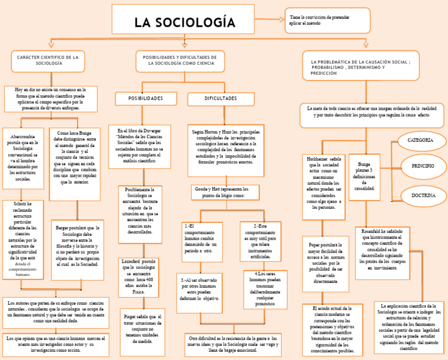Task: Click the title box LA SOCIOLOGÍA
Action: click(x=184, y=22)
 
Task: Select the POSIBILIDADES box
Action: click(x=146, y=99)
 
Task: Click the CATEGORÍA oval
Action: click(x=420, y=141)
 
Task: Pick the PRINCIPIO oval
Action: click(x=422, y=167)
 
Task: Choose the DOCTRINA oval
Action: click(x=423, y=195)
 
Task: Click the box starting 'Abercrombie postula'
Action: click(x=23, y=158)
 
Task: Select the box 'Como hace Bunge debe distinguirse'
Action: click(x=74, y=158)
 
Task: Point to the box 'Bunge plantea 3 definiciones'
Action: click(x=364, y=177)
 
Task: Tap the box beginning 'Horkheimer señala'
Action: click(x=324, y=183)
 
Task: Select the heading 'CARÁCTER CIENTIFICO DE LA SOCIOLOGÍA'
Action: click(x=48, y=61)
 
